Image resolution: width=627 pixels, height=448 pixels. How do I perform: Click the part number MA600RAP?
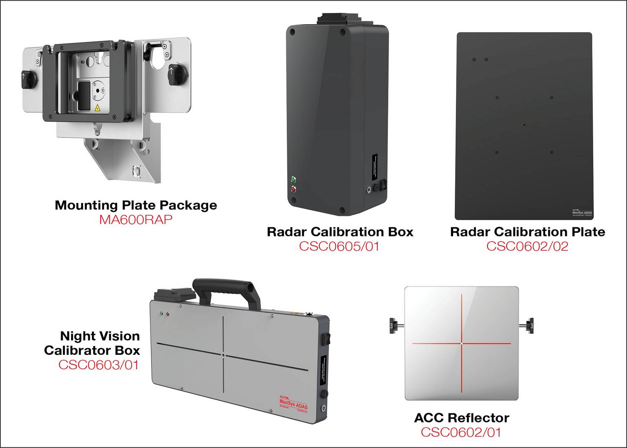[135, 220]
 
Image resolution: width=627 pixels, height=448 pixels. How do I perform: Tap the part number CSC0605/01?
[339, 246]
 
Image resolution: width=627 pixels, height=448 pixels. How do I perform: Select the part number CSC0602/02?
[527, 246]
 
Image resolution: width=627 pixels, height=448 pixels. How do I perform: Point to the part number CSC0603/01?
[98, 365]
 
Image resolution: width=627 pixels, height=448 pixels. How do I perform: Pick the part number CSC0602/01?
[461, 432]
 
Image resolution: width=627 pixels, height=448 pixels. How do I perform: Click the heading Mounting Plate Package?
[136, 205]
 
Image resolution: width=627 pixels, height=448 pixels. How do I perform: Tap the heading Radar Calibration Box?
[340, 232]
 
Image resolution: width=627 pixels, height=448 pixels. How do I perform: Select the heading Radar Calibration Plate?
[528, 232]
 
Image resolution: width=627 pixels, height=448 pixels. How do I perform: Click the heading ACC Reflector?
[461, 418]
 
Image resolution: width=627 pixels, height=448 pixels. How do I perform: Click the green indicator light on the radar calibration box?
[293, 180]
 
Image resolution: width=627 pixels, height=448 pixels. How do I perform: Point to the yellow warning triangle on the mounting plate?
[97, 108]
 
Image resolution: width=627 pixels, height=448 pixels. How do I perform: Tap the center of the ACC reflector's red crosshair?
[461, 344]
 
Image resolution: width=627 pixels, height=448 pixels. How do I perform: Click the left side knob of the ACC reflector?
[393, 324]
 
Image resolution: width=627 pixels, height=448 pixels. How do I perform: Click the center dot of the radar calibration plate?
[524, 125]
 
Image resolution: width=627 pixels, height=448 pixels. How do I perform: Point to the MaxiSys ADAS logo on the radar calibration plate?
[582, 212]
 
